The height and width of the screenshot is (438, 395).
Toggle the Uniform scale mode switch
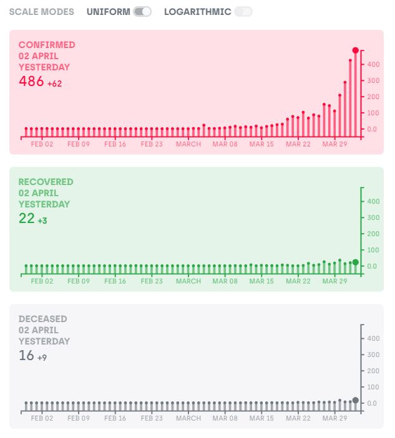[142, 12]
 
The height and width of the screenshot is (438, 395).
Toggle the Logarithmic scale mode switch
[243, 12]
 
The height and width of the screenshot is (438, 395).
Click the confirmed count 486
[31, 81]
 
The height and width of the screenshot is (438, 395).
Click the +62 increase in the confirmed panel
[54, 83]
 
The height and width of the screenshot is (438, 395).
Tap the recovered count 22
[27, 219]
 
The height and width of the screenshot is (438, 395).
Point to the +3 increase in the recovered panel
[42, 221]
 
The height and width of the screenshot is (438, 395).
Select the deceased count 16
[26, 356]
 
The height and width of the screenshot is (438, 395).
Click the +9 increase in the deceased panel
[42, 358]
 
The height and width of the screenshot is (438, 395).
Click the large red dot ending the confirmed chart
[356, 50]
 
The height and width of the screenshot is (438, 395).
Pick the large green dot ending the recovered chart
[356, 262]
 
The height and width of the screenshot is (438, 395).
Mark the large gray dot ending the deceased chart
[356, 400]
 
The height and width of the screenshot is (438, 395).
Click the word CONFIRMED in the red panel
[47, 45]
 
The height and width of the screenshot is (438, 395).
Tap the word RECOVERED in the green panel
[46, 182]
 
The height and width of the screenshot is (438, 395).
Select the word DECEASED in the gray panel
[43, 319]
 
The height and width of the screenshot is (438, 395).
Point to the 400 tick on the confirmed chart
[373, 64]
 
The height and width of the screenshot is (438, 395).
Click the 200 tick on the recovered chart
[373, 234]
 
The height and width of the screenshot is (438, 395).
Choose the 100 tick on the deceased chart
[373, 387]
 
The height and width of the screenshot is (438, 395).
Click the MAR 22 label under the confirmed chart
[298, 144]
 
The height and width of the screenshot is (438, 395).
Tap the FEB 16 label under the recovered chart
[115, 281]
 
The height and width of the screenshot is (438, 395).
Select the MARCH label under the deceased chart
[188, 419]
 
